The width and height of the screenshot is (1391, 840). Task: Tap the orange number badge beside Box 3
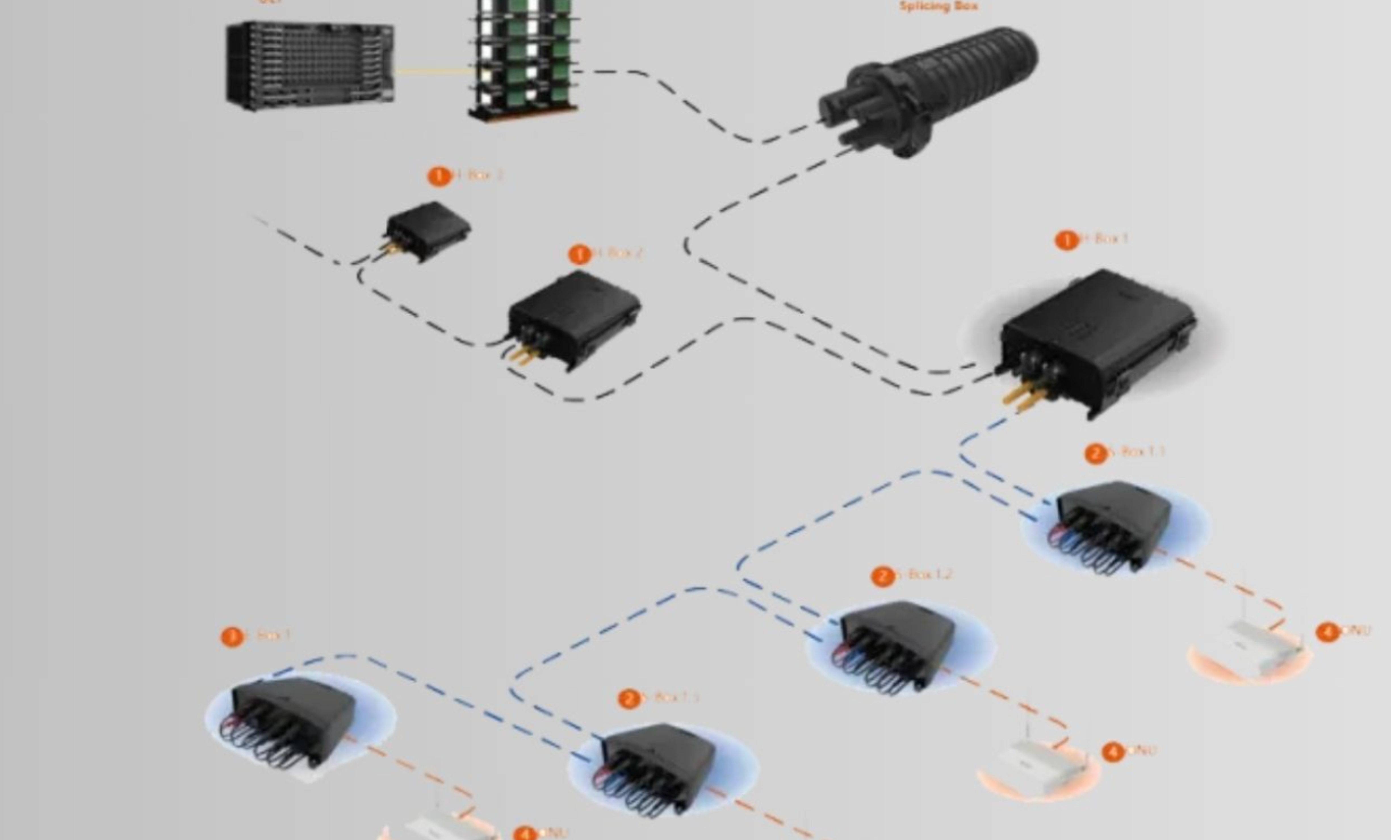[439, 176]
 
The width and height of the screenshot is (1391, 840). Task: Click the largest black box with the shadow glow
[1098, 339]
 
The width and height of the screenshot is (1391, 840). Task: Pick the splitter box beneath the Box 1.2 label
[898, 644]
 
